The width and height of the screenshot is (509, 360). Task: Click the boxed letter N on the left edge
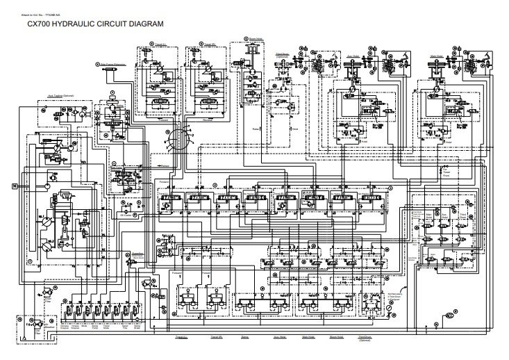tap(13, 186)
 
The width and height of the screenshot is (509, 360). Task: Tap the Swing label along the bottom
tap(245, 336)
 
